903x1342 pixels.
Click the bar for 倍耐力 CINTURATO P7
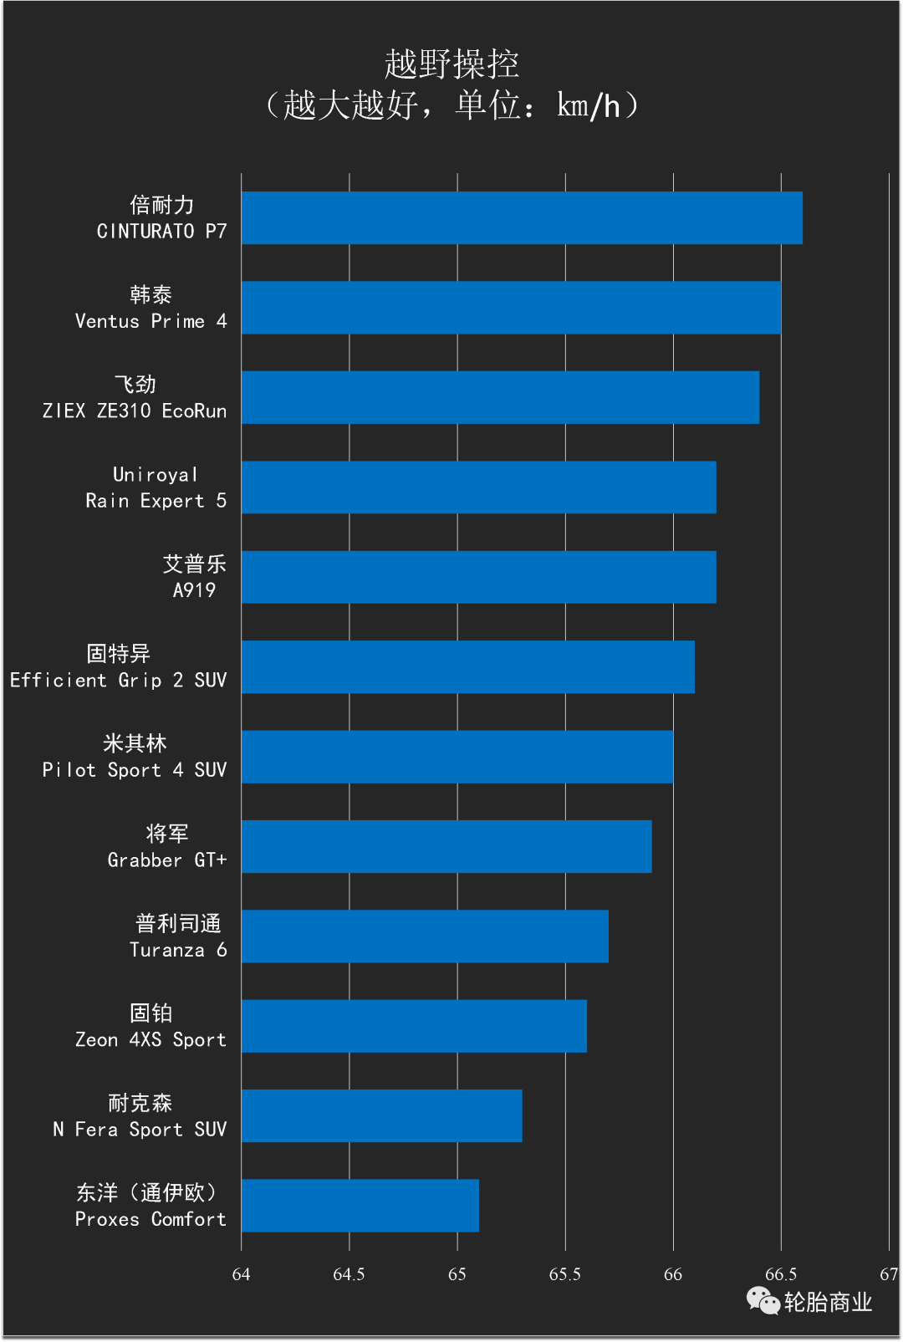522,218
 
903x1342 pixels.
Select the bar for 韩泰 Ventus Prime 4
511,308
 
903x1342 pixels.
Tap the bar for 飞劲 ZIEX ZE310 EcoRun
500,397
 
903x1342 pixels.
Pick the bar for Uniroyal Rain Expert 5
478,487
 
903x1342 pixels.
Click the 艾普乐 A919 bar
478,577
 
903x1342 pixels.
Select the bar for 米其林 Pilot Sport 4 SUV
457,757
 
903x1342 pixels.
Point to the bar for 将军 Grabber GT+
446,846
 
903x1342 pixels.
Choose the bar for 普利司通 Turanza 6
425,936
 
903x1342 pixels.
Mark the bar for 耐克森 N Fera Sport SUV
381,1115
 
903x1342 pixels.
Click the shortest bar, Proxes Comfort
360,1206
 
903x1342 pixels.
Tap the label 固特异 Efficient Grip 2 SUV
118,667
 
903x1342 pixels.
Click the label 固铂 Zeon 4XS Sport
150,1026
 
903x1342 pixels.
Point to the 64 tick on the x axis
241,1274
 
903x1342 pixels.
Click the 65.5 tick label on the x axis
564,1274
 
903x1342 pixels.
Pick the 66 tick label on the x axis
672,1274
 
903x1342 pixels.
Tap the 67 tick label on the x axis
888,1274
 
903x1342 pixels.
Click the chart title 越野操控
451,64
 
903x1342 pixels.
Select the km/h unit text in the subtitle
589,106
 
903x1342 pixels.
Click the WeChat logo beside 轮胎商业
763,1300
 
